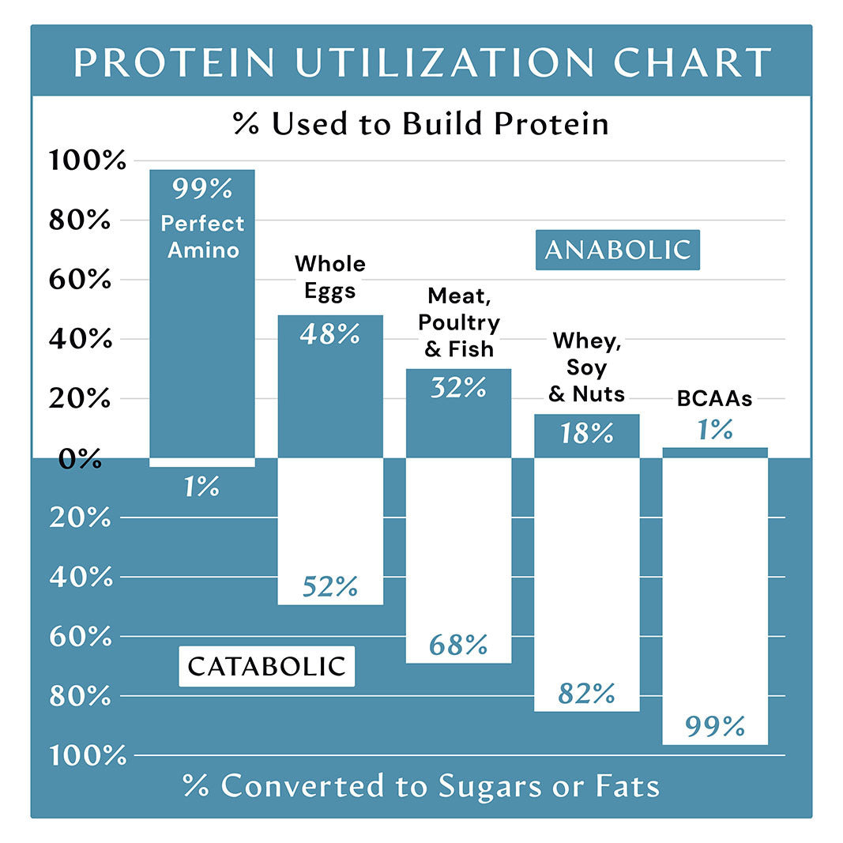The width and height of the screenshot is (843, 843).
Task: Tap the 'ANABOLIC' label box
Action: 617,250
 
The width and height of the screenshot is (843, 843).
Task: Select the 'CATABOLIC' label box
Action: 266,666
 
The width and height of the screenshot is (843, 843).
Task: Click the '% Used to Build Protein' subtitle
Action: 421,124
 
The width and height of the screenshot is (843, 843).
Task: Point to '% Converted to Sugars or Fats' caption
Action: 421,786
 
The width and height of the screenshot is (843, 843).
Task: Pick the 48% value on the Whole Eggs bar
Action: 329,334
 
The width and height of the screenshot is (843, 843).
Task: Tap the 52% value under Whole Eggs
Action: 329,586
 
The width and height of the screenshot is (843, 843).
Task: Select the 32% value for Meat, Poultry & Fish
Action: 458,388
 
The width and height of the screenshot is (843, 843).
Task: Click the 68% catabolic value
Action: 458,645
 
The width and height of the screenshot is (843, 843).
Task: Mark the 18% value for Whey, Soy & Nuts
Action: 586,433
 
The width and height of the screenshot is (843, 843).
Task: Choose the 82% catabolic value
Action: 586,694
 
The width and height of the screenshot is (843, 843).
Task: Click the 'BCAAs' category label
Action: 714,399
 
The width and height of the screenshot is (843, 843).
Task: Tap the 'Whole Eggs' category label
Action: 329,277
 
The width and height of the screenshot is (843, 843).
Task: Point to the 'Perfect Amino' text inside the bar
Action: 202,237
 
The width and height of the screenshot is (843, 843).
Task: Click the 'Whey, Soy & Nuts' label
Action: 586,367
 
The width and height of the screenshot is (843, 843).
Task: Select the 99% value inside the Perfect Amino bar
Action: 202,190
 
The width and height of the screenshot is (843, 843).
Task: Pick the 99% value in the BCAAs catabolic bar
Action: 714,725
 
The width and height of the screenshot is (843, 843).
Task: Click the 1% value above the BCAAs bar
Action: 714,430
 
